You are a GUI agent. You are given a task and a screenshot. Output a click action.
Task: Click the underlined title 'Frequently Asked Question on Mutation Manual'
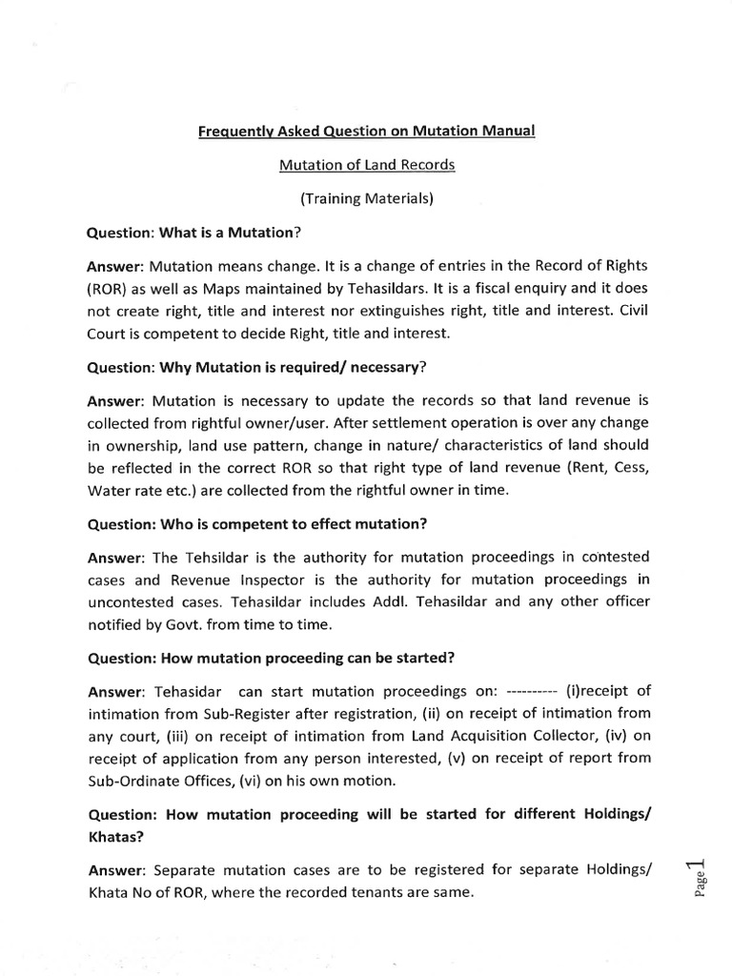[366, 131]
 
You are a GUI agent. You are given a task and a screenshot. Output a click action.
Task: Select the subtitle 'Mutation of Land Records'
[366, 165]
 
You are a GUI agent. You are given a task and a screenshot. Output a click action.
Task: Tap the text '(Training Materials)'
[366, 198]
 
